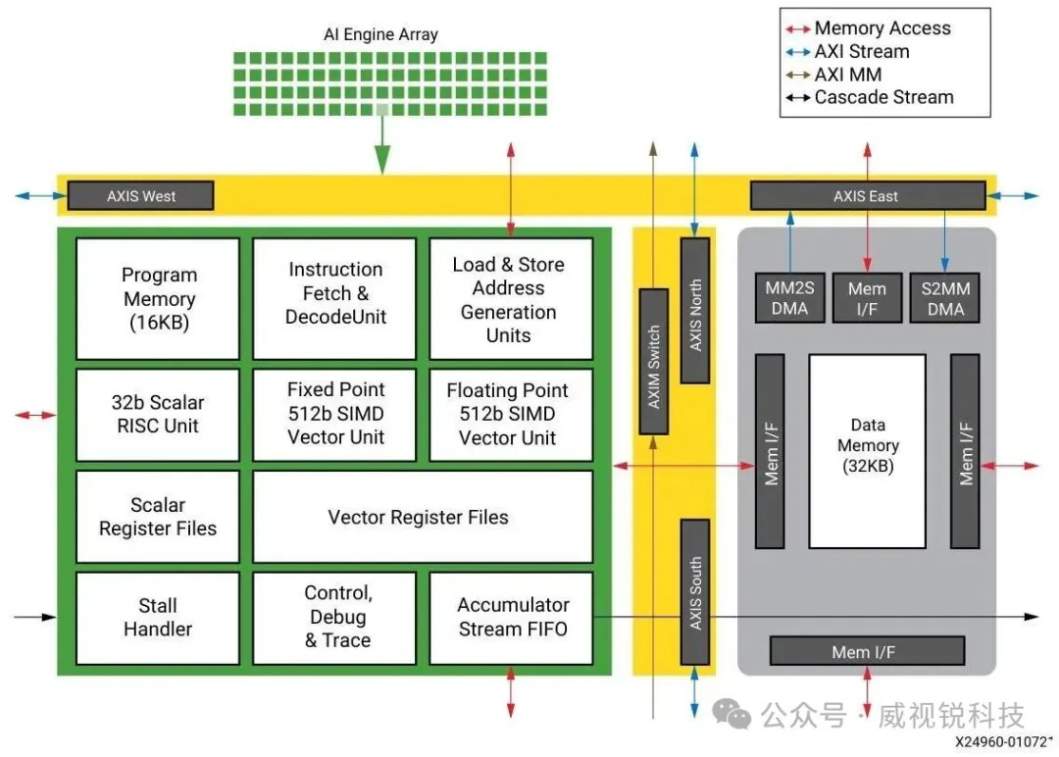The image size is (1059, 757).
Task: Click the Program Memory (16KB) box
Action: click(x=158, y=299)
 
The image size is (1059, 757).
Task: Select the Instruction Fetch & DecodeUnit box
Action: click(x=335, y=293)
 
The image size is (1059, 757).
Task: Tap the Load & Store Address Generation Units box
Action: click(x=510, y=299)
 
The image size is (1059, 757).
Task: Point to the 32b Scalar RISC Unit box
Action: click(x=158, y=414)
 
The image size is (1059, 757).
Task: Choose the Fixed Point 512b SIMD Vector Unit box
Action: click(x=335, y=414)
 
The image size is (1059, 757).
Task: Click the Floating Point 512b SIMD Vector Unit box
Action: click(x=510, y=414)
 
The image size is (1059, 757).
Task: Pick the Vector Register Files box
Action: click(x=422, y=517)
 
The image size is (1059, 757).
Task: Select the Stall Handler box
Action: click(x=158, y=618)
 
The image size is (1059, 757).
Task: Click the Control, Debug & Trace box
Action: click(x=335, y=618)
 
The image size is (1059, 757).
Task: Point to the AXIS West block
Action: click(x=140, y=196)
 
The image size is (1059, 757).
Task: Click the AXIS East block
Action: click(x=867, y=196)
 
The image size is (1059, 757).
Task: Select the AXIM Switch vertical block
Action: click(x=653, y=360)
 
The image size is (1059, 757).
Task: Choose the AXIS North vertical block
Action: click(x=694, y=310)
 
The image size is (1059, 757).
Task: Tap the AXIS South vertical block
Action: click(x=694, y=592)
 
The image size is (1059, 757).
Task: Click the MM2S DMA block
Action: click(x=788, y=299)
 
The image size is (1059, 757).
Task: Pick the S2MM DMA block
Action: click(x=943, y=299)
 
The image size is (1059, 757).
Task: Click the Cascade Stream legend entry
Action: click(x=882, y=97)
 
